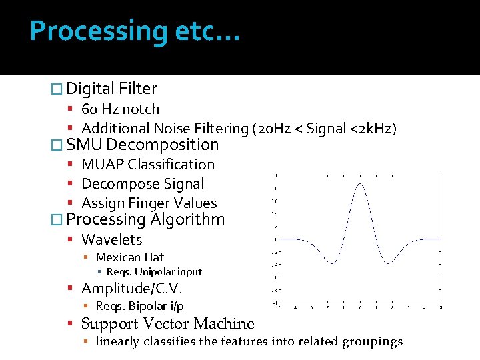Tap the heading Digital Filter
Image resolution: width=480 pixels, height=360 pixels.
(112, 89)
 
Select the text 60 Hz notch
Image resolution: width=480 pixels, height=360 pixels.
(120, 109)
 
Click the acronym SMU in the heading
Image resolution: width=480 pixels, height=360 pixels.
(85, 145)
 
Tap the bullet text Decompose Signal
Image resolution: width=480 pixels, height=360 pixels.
(143, 183)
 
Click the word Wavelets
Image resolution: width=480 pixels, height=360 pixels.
(112, 239)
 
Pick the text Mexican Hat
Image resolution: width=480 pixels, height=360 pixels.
(130, 257)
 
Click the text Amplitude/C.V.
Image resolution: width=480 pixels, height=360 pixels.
(132, 289)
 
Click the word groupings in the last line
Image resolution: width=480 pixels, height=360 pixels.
(372, 342)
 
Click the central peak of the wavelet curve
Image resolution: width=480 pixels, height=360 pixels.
(360, 184)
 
